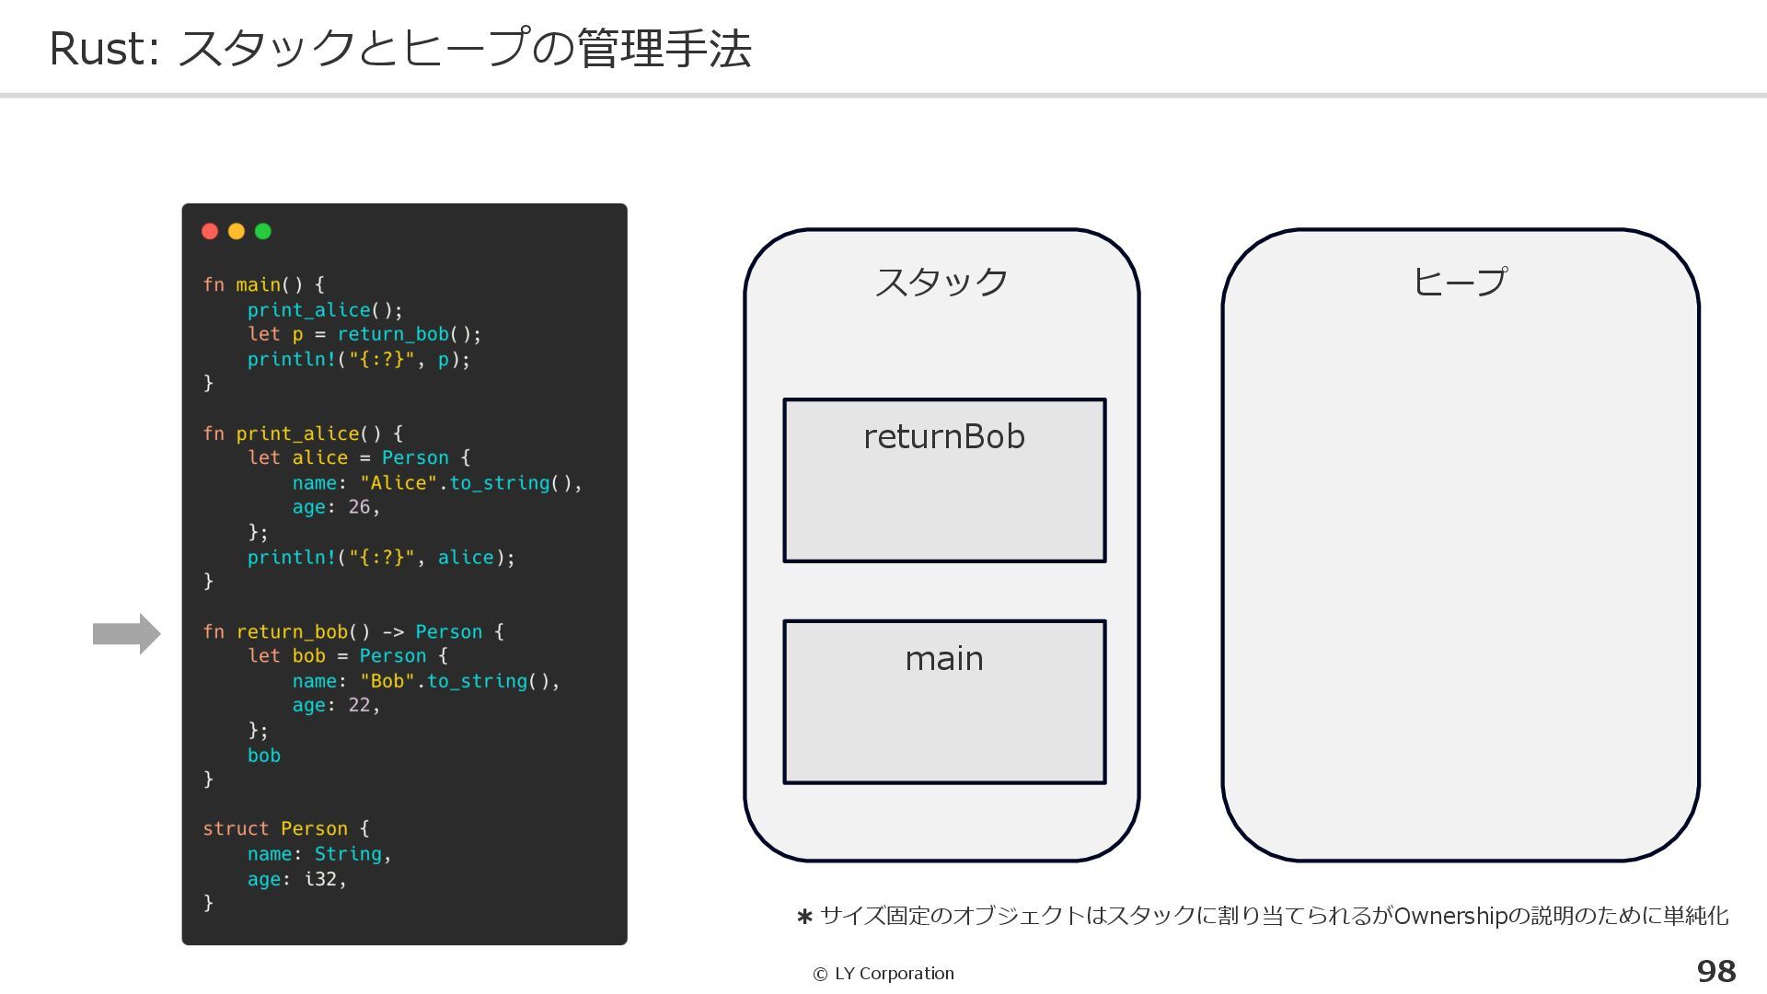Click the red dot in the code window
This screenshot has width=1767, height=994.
[x=210, y=231]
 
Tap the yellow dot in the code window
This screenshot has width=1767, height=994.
[x=237, y=231]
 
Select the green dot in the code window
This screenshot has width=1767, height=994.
[x=263, y=231]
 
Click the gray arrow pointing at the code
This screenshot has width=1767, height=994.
[x=127, y=634]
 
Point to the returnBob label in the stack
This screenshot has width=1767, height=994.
[x=944, y=437]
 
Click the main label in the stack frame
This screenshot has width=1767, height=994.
[x=944, y=659]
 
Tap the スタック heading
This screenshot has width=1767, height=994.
[x=941, y=282]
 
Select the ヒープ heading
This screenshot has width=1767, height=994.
[x=1461, y=282]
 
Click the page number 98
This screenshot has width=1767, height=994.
[x=1716, y=971]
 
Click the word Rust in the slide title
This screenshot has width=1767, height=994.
[x=98, y=49]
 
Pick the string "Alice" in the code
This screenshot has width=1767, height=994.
[x=398, y=482]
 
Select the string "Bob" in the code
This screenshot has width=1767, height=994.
[x=387, y=681]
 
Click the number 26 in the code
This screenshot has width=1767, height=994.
[x=359, y=507]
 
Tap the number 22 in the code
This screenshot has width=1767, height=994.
[x=359, y=705]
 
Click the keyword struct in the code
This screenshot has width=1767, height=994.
[x=236, y=828]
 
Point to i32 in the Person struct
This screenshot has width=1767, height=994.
[x=320, y=879]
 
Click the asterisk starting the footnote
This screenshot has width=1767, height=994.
[x=804, y=917]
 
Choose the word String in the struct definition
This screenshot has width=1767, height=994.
[x=348, y=854]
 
